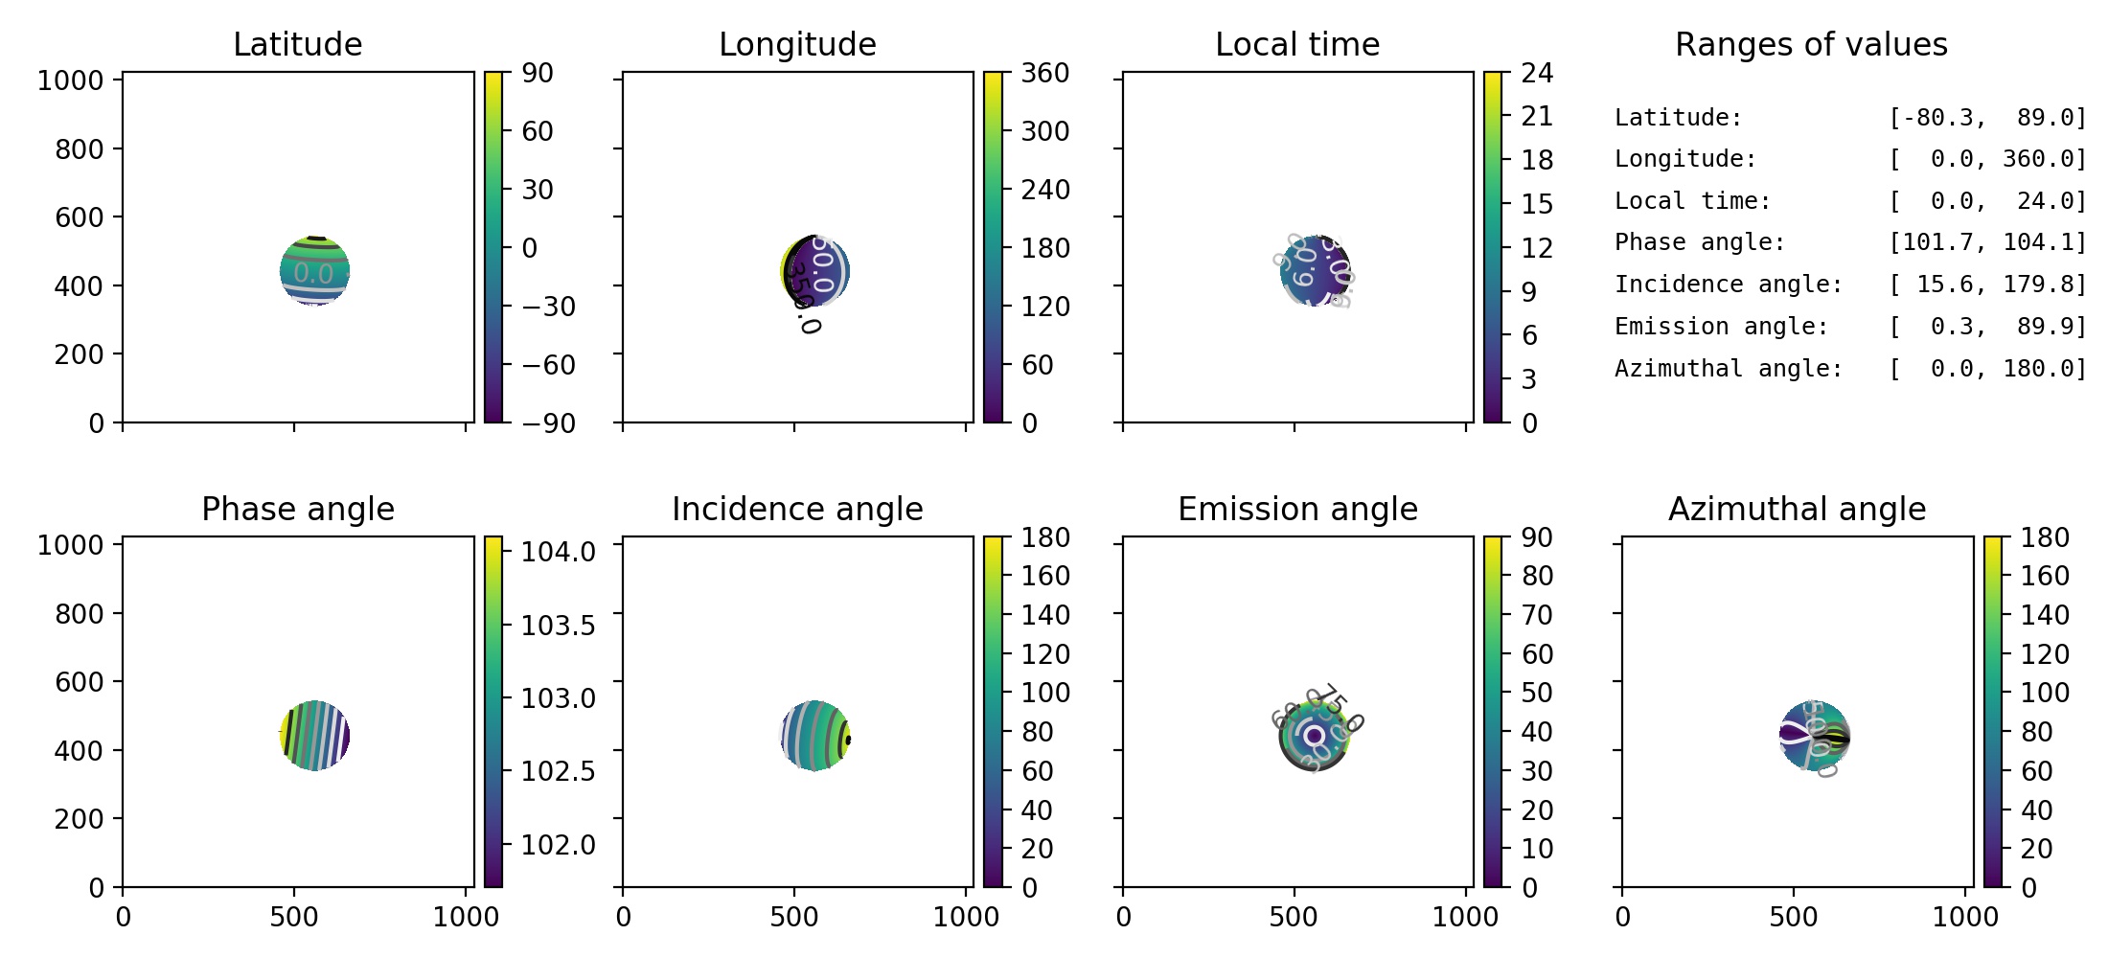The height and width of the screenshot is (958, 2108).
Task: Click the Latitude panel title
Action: pyautogui.click(x=297, y=45)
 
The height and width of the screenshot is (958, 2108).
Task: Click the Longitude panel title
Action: pyautogui.click(x=797, y=45)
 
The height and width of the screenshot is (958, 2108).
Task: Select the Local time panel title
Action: pyautogui.click(x=1297, y=45)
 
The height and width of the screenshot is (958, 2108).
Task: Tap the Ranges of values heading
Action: pyautogui.click(x=1811, y=45)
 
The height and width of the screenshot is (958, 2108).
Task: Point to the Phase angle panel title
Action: pyautogui.click(x=297, y=509)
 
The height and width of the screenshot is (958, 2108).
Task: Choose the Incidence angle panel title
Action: pyautogui.click(x=797, y=509)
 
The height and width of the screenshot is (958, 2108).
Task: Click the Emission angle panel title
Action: pyautogui.click(x=1297, y=509)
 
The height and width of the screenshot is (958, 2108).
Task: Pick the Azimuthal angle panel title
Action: pyautogui.click(x=1797, y=509)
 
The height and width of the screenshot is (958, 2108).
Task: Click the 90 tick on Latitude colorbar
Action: pyautogui.click(x=538, y=73)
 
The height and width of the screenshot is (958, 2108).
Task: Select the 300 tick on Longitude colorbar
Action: pyautogui.click(x=1044, y=131)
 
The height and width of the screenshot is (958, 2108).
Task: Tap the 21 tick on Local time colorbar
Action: pyautogui.click(x=1537, y=116)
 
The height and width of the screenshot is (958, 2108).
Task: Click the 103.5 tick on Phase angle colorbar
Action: pyautogui.click(x=558, y=626)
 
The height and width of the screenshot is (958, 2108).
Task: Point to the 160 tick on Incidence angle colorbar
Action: pyautogui.click(x=1044, y=576)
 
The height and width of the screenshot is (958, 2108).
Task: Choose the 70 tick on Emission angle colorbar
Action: pyautogui.click(x=1537, y=615)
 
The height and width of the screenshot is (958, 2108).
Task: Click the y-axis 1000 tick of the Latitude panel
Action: pyautogui.click(x=70, y=80)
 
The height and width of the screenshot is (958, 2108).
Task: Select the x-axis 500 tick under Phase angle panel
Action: pyautogui.click(x=293, y=917)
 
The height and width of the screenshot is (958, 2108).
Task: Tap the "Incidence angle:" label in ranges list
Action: pyautogui.click(x=1729, y=285)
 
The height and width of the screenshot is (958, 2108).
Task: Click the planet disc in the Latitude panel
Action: pyautogui.click(x=314, y=271)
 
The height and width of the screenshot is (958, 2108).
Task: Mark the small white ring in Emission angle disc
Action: pyautogui.click(x=1314, y=735)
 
